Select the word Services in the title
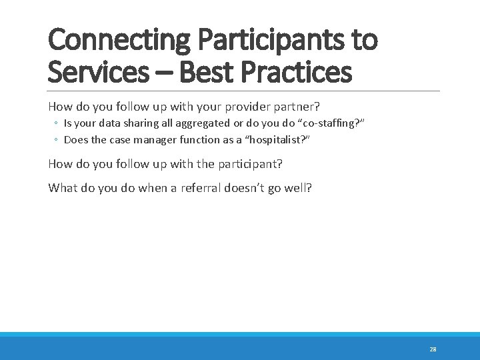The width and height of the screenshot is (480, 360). [x=97, y=71]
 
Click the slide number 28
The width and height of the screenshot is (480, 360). [x=433, y=349]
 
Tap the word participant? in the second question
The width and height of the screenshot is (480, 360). [x=254, y=163]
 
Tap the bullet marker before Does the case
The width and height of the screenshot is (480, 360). [x=57, y=140]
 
